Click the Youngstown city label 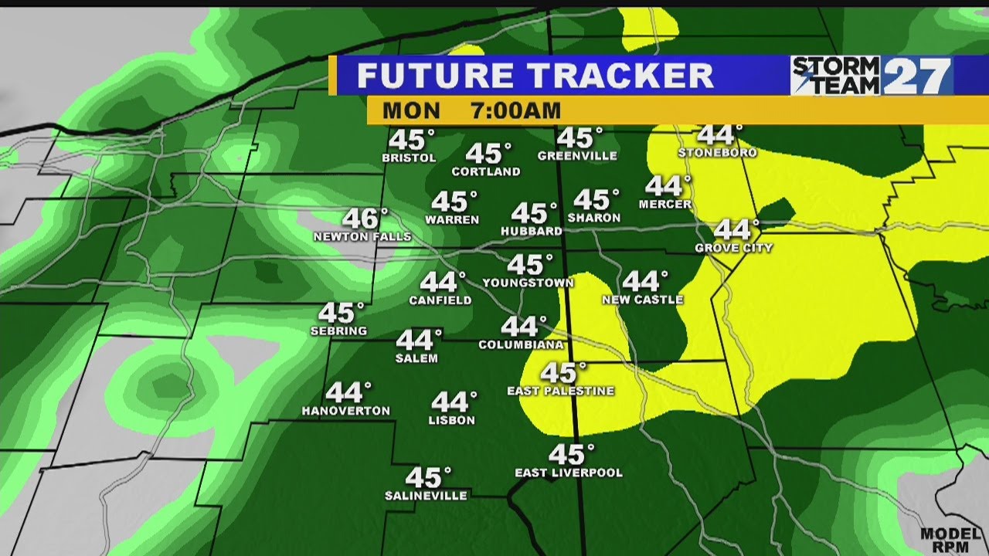pos(528,283)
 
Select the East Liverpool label pos(569,473)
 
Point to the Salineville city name pos(426,496)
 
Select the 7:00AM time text pos(515,110)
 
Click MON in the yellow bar pos(411,110)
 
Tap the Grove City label pos(733,248)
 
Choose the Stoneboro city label pos(717,153)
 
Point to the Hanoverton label pos(345,411)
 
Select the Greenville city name pos(577,156)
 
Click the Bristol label pos(409,158)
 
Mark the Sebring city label pos(338,331)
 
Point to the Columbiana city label pos(522,344)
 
